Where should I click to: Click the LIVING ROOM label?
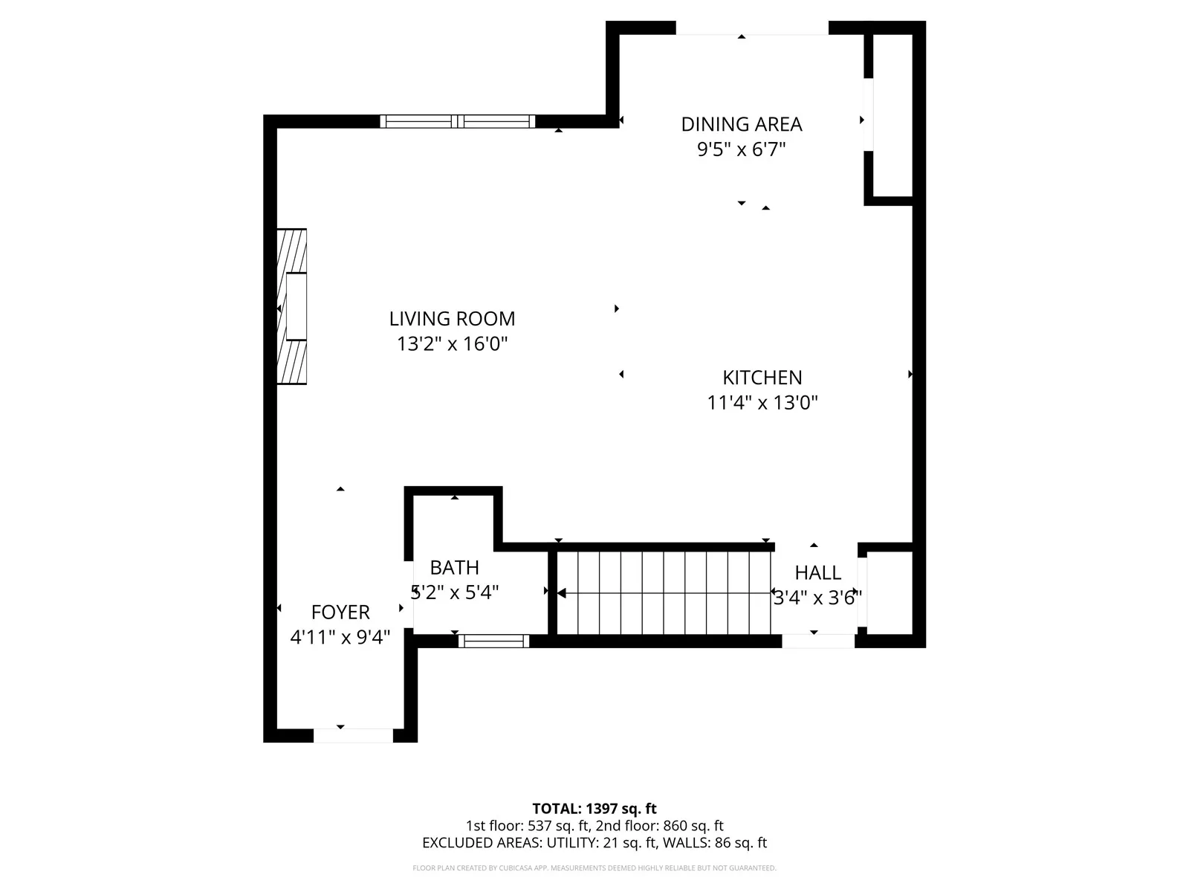pos(452,319)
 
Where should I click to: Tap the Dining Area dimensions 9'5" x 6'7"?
pos(741,149)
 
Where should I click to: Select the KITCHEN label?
pos(762,378)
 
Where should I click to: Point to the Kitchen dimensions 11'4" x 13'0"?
pos(762,403)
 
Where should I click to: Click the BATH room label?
pos(454,568)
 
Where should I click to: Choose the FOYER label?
pos(340,613)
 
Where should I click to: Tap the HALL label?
pos(817,573)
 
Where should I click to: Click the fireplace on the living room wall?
pos(292,306)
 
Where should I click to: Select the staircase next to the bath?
pos(664,592)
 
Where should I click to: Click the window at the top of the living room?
pos(458,121)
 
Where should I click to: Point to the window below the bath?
pos(493,641)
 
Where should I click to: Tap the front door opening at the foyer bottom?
pos(353,735)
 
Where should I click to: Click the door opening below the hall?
pos(818,641)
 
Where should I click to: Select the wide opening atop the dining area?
pos(751,28)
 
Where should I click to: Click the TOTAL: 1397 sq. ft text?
pos(594,809)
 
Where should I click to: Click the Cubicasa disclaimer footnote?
pos(594,868)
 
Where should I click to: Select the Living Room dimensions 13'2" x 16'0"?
pos(452,344)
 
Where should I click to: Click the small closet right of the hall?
pos(890,592)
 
